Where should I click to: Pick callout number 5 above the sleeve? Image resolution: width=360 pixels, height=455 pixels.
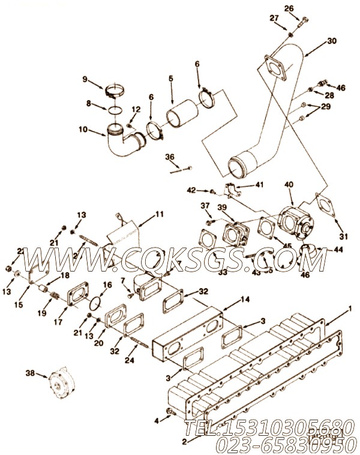[171, 78]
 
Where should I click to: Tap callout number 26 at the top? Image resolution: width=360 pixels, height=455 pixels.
[289, 8]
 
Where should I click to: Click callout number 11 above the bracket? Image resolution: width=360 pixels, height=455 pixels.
[159, 214]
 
